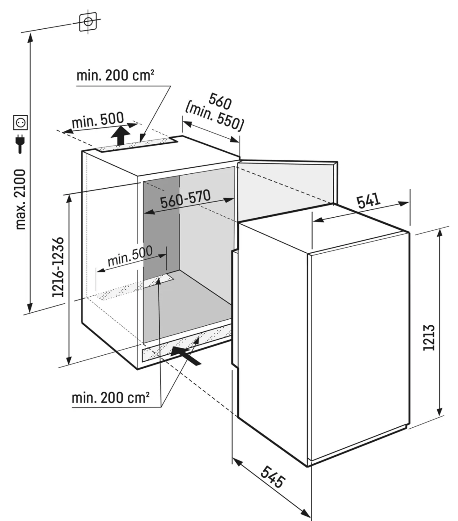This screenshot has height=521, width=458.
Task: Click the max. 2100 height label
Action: pyautogui.click(x=21, y=199)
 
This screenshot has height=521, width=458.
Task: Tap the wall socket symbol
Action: pyautogui.click(x=20, y=122)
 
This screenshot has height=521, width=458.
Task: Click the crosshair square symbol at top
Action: pyautogui.click(x=88, y=22)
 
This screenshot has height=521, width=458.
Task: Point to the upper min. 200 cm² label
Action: pyautogui.click(x=115, y=76)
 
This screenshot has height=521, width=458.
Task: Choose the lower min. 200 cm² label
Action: pyautogui.click(x=110, y=398)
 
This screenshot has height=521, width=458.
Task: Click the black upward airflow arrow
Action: pyautogui.click(x=121, y=135)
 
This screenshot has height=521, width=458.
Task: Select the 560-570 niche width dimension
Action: pyautogui.click(x=185, y=199)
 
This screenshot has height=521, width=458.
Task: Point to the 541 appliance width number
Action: pyautogui.click(x=368, y=200)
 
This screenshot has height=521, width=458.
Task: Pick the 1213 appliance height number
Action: pyautogui.click(x=429, y=337)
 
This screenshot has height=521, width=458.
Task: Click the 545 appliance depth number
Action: pyautogui.click(x=273, y=477)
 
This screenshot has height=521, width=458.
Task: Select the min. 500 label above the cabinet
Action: pyautogui.click(x=98, y=120)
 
